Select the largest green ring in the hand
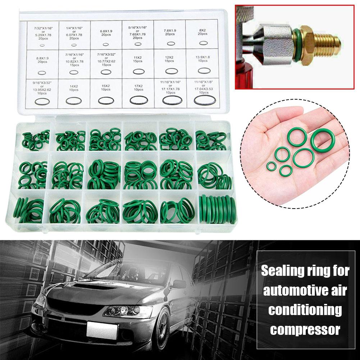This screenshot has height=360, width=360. (321, 141)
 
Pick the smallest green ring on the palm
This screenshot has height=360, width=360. (271, 166)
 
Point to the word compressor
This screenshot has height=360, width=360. (305, 329)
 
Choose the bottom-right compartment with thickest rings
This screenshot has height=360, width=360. (215, 209)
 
